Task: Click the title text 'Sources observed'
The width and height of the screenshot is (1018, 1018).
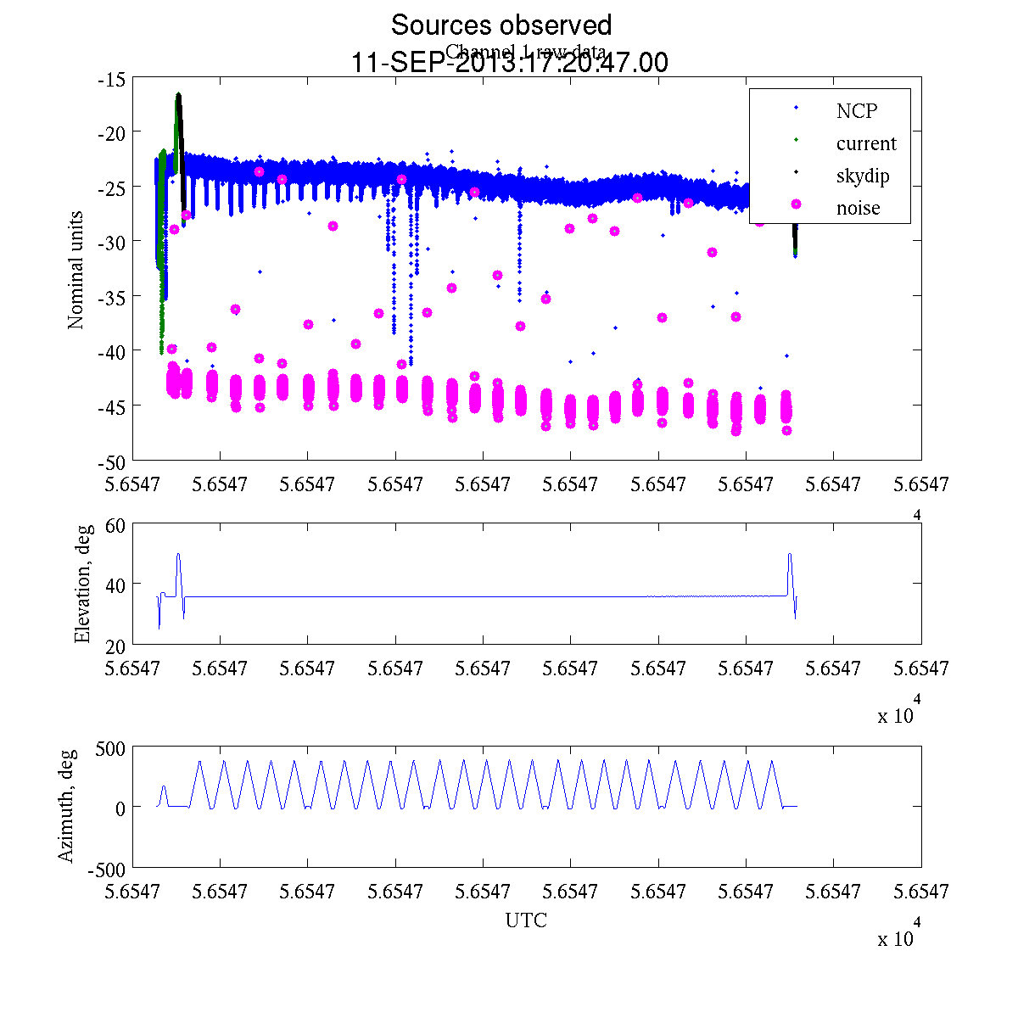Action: coord(501,25)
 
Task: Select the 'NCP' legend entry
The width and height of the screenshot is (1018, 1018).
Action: coord(856,110)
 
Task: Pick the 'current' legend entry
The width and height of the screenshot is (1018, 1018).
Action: coord(865,143)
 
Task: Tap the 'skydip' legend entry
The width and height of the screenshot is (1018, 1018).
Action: coord(862,176)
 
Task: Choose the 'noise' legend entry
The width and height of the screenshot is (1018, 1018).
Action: coord(858,208)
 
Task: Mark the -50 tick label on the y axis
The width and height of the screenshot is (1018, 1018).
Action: coord(111,461)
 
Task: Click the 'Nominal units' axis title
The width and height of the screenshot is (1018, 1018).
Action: coord(76,270)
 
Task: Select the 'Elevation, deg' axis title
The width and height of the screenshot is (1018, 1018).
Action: coord(82,584)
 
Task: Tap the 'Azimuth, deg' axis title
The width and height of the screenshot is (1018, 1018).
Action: coord(66,806)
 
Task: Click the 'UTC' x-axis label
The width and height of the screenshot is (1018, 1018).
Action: coord(526,920)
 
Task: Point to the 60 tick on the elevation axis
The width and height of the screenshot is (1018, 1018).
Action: coord(115,525)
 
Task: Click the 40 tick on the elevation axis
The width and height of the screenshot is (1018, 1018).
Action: coord(115,585)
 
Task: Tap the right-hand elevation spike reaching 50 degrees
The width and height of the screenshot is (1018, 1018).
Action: coord(790,555)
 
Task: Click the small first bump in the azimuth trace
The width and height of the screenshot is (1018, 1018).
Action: coord(164,787)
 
